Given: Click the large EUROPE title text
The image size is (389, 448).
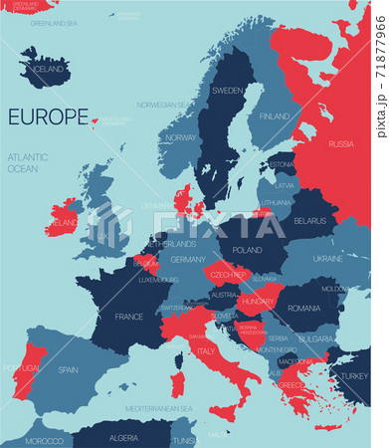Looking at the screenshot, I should click(48, 116).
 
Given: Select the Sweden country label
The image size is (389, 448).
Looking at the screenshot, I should click(228, 91).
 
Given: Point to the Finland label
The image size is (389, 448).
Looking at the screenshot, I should click(274, 116).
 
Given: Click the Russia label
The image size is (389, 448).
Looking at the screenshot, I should click(340, 144).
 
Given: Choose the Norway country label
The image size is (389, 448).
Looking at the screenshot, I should click(181, 137).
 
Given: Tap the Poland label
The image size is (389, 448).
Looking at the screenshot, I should click(247, 250).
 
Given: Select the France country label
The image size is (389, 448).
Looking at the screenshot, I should click(128, 317).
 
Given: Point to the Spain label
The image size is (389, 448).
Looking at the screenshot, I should click(68, 369).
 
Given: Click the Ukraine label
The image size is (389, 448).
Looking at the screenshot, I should click(327, 258).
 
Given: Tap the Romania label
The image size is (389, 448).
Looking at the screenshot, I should click(302, 309).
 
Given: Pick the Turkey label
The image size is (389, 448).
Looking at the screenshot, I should click(354, 376).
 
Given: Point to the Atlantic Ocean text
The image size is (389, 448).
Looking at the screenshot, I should click(27, 163).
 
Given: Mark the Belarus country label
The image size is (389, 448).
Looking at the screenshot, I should click(310, 220).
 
